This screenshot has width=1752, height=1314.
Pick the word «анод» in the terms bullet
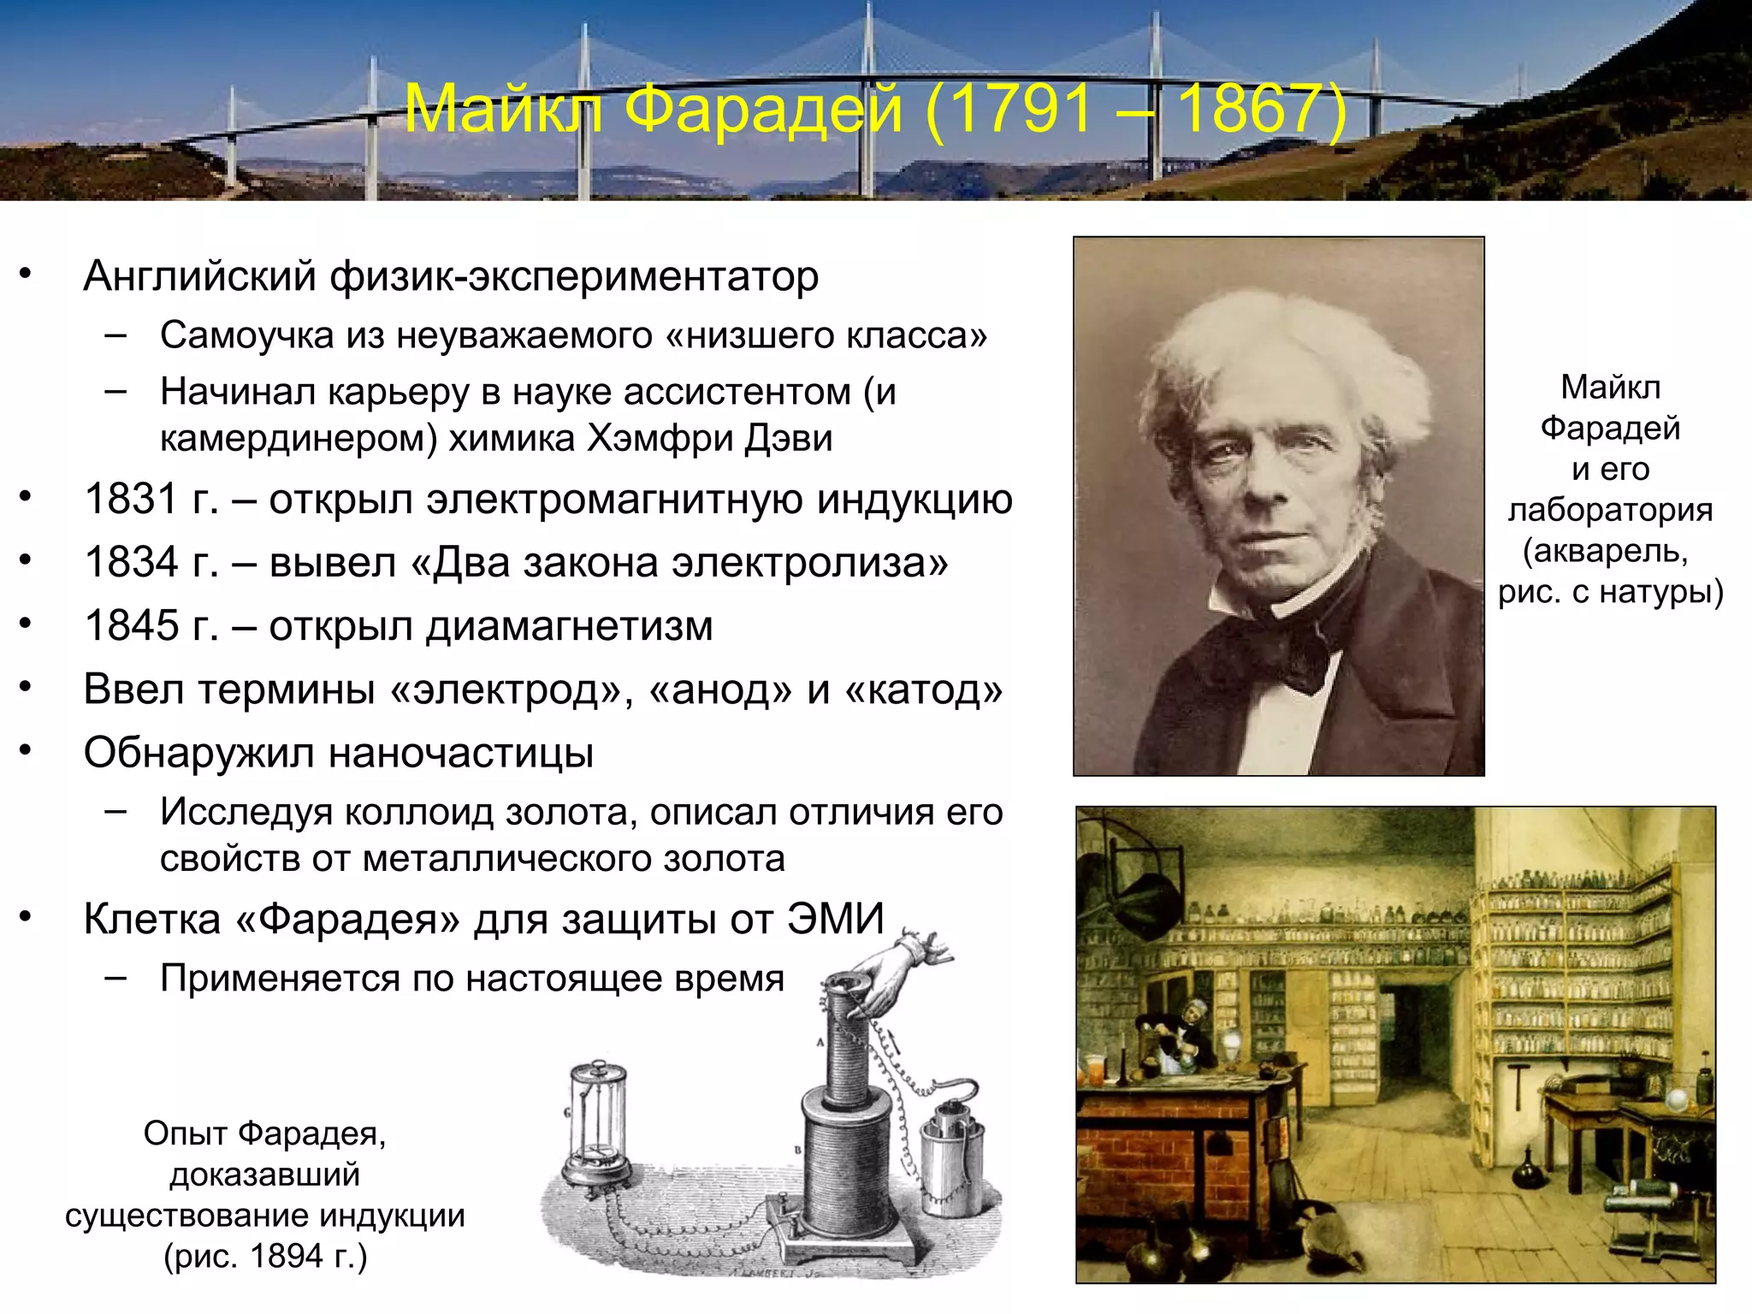[x=721, y=690]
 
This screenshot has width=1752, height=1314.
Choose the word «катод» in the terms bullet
[x=924, y=690]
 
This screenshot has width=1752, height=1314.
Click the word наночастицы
[x=462, y=753]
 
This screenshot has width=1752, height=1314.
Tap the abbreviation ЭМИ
[x=836, y=919]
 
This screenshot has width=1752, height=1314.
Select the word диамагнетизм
[x=570, y=626]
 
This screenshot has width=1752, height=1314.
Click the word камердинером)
[x=299, y=438]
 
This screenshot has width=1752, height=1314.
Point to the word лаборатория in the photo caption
[x=1610, y=510]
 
